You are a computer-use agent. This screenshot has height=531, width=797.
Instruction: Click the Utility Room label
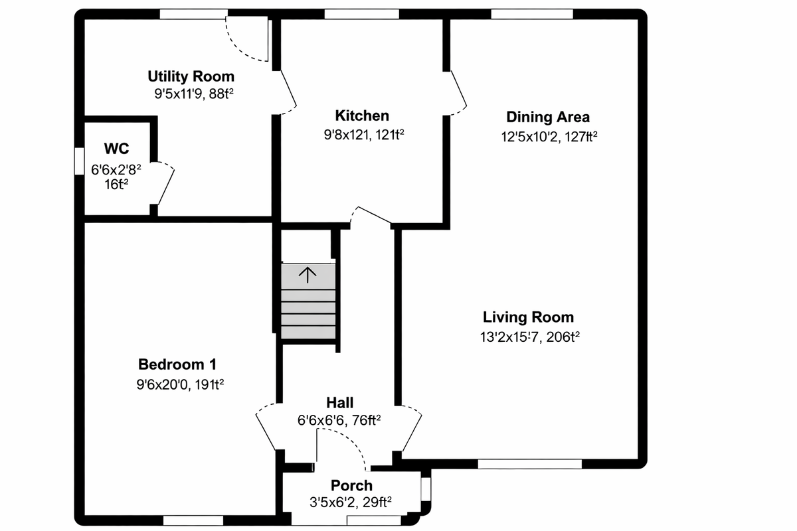point(191,76)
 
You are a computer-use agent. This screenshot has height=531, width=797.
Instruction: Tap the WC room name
point(116,147)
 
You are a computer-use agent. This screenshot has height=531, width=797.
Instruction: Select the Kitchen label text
point(362,115)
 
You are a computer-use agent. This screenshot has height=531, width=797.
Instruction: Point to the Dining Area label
point(548,117)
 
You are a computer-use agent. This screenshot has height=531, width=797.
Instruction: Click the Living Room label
point(528,317)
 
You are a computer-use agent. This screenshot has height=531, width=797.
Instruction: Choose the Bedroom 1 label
point(177,364)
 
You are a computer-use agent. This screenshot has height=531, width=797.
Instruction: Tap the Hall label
point(339,403)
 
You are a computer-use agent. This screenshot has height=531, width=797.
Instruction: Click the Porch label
point(351,486)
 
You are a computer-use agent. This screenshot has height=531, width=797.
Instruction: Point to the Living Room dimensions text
point(529,337)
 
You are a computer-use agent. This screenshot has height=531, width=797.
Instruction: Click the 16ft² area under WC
point(116,185)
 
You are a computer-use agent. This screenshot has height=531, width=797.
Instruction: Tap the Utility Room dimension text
point(193,94)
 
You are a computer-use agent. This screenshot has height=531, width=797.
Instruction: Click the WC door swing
point(166,183)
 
